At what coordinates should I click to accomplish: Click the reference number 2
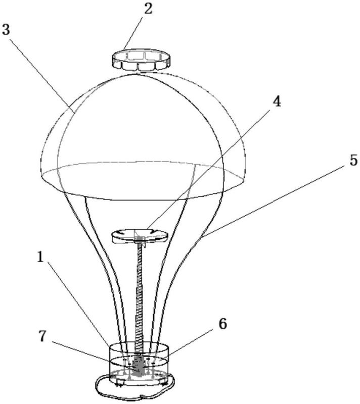click(148, 9)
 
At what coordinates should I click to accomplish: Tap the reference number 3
click(6, 29)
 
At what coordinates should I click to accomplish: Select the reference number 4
click(277, 101)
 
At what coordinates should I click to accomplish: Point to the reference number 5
click(353, 160)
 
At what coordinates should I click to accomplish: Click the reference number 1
click(40, 257)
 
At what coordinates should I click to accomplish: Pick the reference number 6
click(223, 324)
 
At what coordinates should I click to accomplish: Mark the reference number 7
click(42, 336)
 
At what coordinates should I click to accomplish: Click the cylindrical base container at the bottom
click(139, 363)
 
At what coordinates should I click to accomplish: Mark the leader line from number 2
click(134, 33)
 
